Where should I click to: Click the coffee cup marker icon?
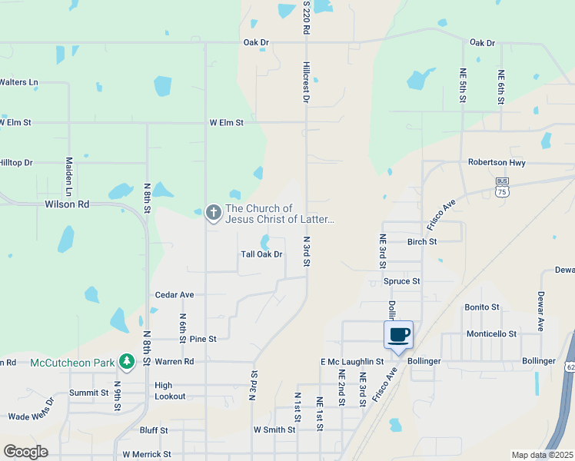(398, 335)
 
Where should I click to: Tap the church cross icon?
(214, 211)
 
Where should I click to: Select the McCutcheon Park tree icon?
(126, 361)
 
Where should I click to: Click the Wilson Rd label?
(67, 204)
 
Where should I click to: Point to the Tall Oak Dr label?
(262, 254)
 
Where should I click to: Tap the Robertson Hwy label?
(497, 163)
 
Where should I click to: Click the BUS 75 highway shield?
(502, 187)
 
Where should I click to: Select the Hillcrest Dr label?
(306, 83)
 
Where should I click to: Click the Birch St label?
(422, 241)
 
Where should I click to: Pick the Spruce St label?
(401, 281)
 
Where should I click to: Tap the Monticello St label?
(491, 334)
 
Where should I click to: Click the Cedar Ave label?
(174, 294)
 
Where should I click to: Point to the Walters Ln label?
(18, 82)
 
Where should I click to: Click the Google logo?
(25, 452)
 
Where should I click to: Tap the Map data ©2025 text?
(542, 455)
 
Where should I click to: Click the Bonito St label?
(482, 307)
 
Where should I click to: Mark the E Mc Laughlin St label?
(352, 361)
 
